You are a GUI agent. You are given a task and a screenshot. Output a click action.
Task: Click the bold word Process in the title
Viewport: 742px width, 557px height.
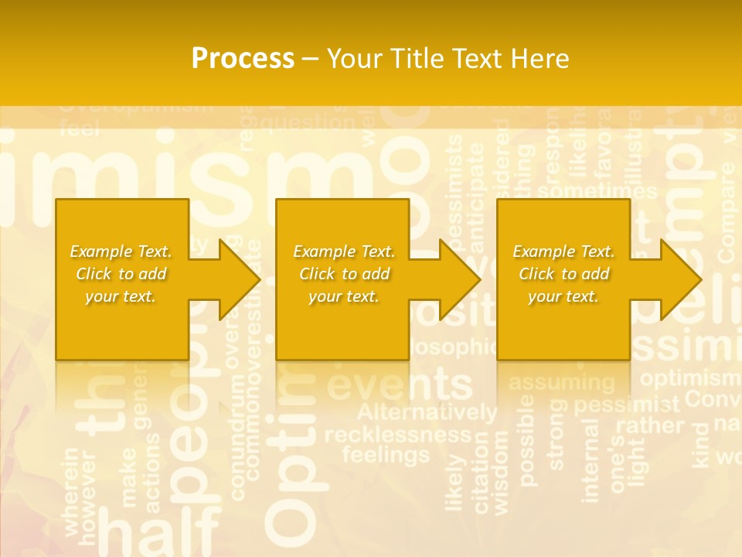[x=243, y=59]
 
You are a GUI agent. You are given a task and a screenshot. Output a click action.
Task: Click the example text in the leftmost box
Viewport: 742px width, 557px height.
[x=121, y=274]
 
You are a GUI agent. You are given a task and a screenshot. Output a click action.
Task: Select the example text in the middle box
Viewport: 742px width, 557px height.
[x=344, y=274]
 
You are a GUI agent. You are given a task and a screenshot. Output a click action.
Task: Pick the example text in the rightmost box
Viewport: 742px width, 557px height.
[x=563, y=274]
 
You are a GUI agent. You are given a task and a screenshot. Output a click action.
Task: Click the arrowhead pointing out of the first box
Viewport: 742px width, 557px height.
[x=239, y=279]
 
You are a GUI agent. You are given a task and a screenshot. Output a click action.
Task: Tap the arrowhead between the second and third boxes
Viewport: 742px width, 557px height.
[x=459, y=279]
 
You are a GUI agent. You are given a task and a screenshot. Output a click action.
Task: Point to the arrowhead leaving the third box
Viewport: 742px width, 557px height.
[x=680, y=279]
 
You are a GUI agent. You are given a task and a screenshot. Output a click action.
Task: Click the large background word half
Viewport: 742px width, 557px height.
[x=160, y=534]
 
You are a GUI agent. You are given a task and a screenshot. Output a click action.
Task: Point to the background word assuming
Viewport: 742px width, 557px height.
[x=562, y=382]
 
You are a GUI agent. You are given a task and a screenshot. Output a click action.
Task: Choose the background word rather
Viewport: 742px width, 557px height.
[x=650, y=425]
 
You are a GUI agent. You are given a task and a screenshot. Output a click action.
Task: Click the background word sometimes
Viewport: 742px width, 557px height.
[x=597, y=191]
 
